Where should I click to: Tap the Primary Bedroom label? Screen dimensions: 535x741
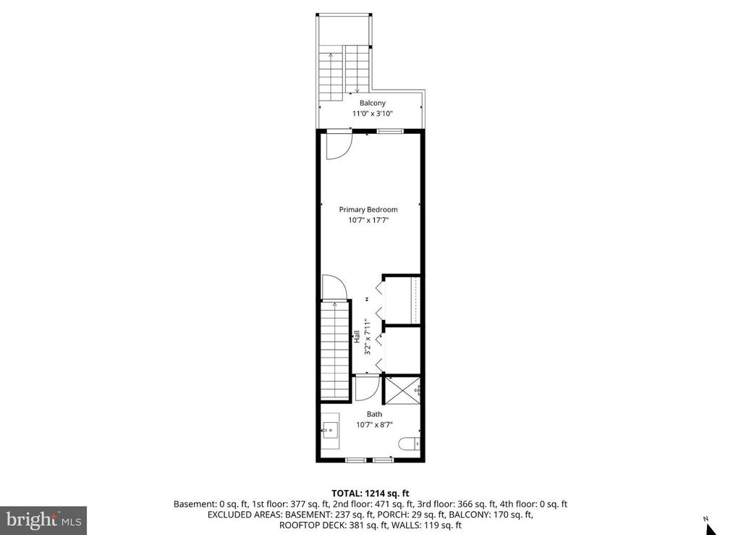pos(368,210)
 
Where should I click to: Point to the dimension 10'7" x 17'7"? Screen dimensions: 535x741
pos(368,221)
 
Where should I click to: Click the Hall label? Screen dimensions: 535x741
pos(357,337)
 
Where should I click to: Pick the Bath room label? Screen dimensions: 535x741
pos(374,415)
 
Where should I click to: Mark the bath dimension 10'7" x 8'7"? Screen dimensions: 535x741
pos(374,426)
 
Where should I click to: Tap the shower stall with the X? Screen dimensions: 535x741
pos(402,392)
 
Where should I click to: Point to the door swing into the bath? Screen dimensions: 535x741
pos(366,388)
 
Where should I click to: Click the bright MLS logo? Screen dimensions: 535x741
pos(43,520)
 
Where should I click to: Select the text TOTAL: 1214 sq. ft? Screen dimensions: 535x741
pos(370,493)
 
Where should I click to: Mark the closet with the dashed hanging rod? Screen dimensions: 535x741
pos(402,300)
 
